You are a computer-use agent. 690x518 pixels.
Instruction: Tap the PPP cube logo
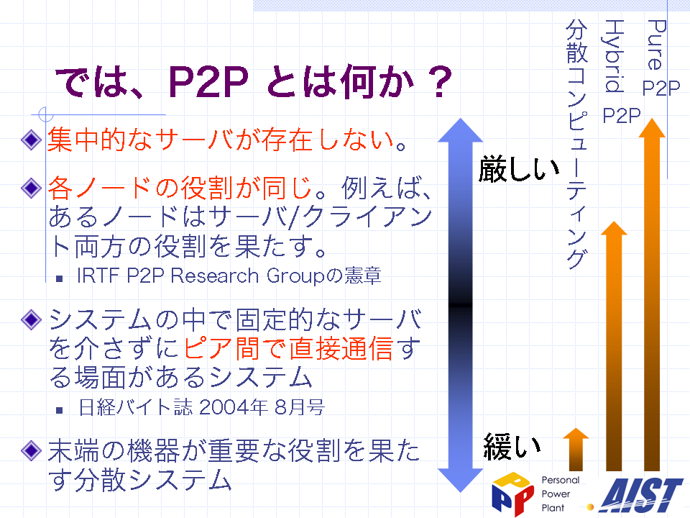(512, 494)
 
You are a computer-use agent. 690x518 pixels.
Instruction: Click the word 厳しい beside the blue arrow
(519, 169)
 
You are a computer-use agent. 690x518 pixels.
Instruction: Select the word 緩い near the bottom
(512, 446)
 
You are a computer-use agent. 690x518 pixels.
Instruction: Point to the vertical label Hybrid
(613, 56)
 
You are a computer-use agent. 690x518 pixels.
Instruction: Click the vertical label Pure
(656, 45)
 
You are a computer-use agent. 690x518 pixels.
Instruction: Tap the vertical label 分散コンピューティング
(577, 144)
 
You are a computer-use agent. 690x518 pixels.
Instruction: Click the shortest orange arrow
(576, 449)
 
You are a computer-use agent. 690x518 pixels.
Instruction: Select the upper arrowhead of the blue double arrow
(461, 131)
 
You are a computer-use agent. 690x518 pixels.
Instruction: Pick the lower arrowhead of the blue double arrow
(461, 480)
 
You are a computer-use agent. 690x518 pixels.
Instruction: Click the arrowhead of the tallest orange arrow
(652, 128)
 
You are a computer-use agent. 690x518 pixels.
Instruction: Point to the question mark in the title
(440, 82)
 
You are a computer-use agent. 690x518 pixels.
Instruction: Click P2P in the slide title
(208, 82)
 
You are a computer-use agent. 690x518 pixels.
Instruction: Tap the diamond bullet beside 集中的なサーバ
(31, 140)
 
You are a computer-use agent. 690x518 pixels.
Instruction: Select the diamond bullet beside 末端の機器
(31, 450)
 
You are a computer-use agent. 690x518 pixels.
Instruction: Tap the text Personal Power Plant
(560, 494)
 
